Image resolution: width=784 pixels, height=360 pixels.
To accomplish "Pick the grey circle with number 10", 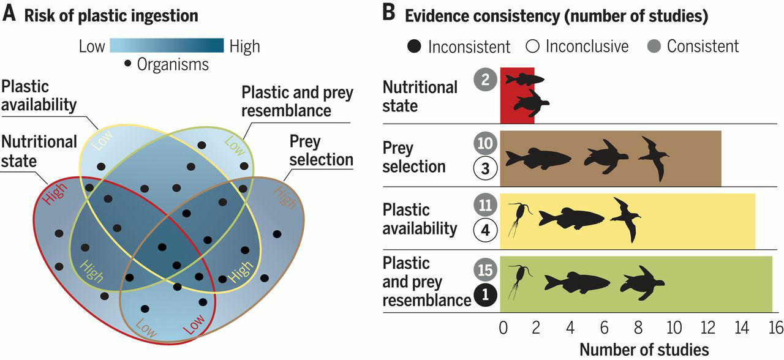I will [484, 144].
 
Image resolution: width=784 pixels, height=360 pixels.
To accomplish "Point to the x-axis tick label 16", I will [775, 328].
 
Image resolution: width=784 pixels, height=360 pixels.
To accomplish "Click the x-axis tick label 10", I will [673, 328].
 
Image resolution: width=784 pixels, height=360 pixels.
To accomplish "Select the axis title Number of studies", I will [644, 349].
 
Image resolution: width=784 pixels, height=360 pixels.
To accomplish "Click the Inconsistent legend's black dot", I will [415, 47].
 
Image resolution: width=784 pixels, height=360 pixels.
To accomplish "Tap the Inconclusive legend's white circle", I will [531, 47].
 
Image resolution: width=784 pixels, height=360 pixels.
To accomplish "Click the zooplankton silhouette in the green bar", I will [518, 280].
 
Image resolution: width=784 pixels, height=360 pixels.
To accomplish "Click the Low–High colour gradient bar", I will [167, 46].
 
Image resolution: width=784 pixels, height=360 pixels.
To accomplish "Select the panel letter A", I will [9, 15].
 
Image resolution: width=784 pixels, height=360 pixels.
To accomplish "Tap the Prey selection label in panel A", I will [322, 151].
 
